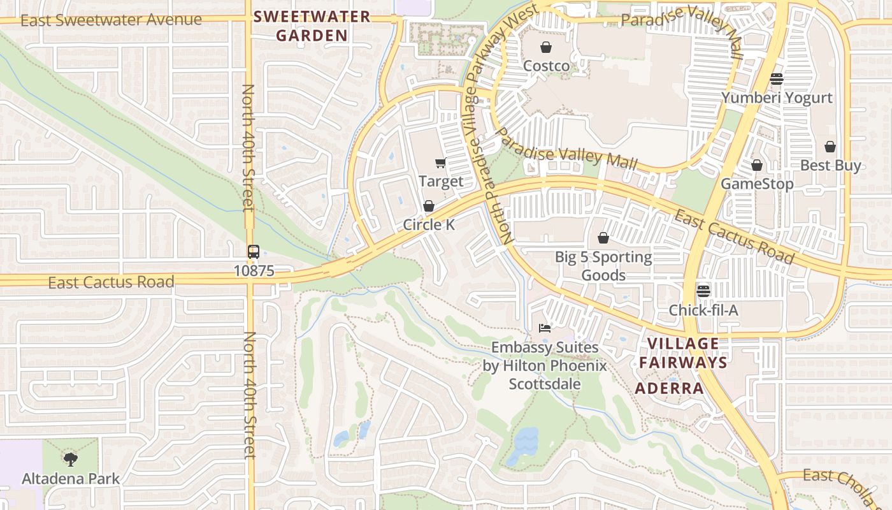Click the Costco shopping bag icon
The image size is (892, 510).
tap(546, 47)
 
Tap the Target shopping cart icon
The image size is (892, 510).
tap(440, 163)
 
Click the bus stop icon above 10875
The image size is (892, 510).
tap(254, 251)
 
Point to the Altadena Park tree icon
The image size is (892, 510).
tap(70, 459)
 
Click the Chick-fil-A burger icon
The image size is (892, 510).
tap(703, 291)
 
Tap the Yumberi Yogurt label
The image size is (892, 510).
tap(777, 98)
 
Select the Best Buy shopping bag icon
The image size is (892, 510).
tap(830, 147)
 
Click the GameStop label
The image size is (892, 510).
tap(757, 184)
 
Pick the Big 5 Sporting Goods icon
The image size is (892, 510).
tap(603, 238)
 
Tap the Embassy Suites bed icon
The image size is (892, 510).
tap(544, 328)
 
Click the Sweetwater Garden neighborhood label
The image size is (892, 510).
tap(312, 26)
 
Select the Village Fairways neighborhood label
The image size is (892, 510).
tap(683, 353)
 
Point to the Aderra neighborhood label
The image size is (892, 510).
tap(670, 388)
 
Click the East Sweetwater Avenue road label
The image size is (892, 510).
tap(111, 20)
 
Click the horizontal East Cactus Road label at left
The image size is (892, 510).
tap(111, 282)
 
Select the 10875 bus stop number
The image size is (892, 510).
tap(254, 271)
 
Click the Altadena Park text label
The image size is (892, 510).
tap(71, 479)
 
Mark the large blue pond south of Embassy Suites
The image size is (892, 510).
tap(525, 444)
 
